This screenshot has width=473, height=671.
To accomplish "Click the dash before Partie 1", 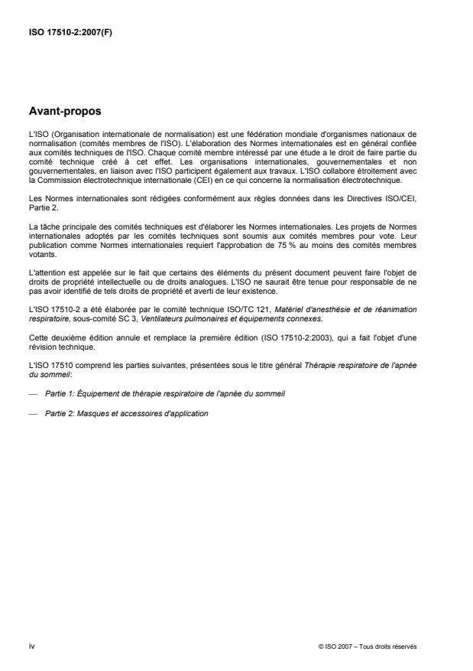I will (32, 392).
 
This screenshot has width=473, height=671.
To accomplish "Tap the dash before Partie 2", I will (32, 413).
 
